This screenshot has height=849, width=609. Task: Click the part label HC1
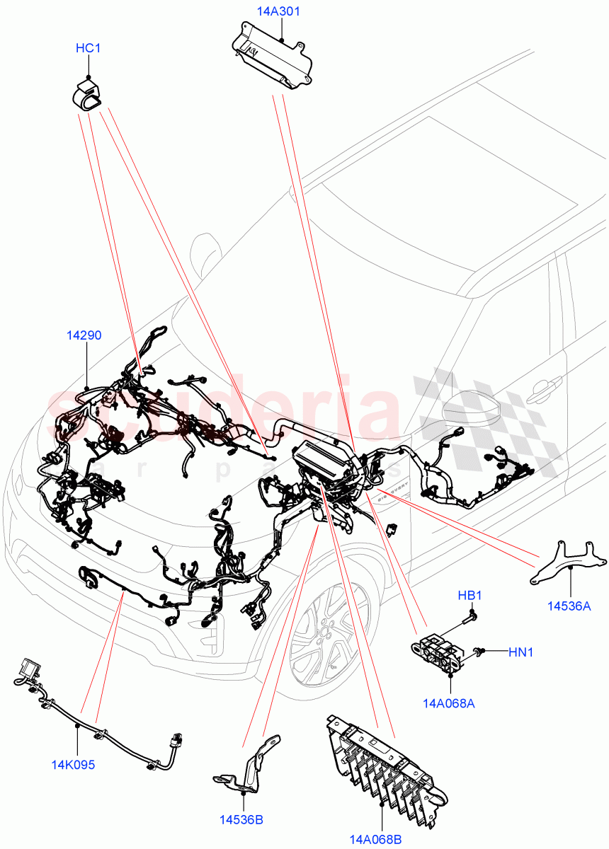[x=88, y=49]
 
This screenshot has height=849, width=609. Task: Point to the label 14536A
[x=569, y=606]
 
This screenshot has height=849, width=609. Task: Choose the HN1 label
[x=520, y=652]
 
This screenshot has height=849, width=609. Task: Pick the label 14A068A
[x=448, y=703]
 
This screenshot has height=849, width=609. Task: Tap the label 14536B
[x=241, y=820]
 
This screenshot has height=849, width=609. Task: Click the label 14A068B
[x=375, y=840]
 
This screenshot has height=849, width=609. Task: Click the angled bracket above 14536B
[x=246, y=768]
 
